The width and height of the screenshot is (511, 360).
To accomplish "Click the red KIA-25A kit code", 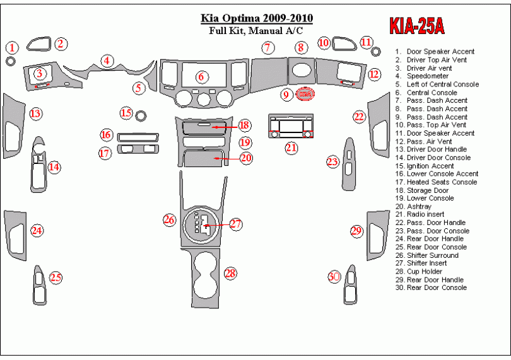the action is (x=417, y=25).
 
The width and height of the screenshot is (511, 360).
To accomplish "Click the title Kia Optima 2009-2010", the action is (x=257, y=18).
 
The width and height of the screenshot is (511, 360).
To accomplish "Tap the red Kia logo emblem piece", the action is (x=305, y=94).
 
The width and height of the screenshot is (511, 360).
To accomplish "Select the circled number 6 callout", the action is (x=201, y=77).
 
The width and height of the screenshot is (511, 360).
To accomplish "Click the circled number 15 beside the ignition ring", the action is (x=126, y=113).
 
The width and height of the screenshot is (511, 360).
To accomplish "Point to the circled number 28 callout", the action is (x=230, y=273).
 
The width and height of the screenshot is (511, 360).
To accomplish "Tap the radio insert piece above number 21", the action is (x=291, y=126).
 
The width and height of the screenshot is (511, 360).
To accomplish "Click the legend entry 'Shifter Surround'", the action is (x=433, y=255).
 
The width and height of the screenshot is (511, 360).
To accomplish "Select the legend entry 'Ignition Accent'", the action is (x=430, y=166).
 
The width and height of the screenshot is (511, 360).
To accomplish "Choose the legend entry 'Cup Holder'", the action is (x=425, y=271).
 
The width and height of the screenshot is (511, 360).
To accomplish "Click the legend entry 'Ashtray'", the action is (x=419, y=207).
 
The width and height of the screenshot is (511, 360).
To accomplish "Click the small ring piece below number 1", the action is (x=11, y=61).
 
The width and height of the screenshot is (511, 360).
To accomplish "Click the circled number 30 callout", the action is (x=334, y=277).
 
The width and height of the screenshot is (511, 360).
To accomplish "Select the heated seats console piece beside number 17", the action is (x=138, y=149).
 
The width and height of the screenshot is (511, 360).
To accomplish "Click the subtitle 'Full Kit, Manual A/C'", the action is (x=256, y=31).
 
